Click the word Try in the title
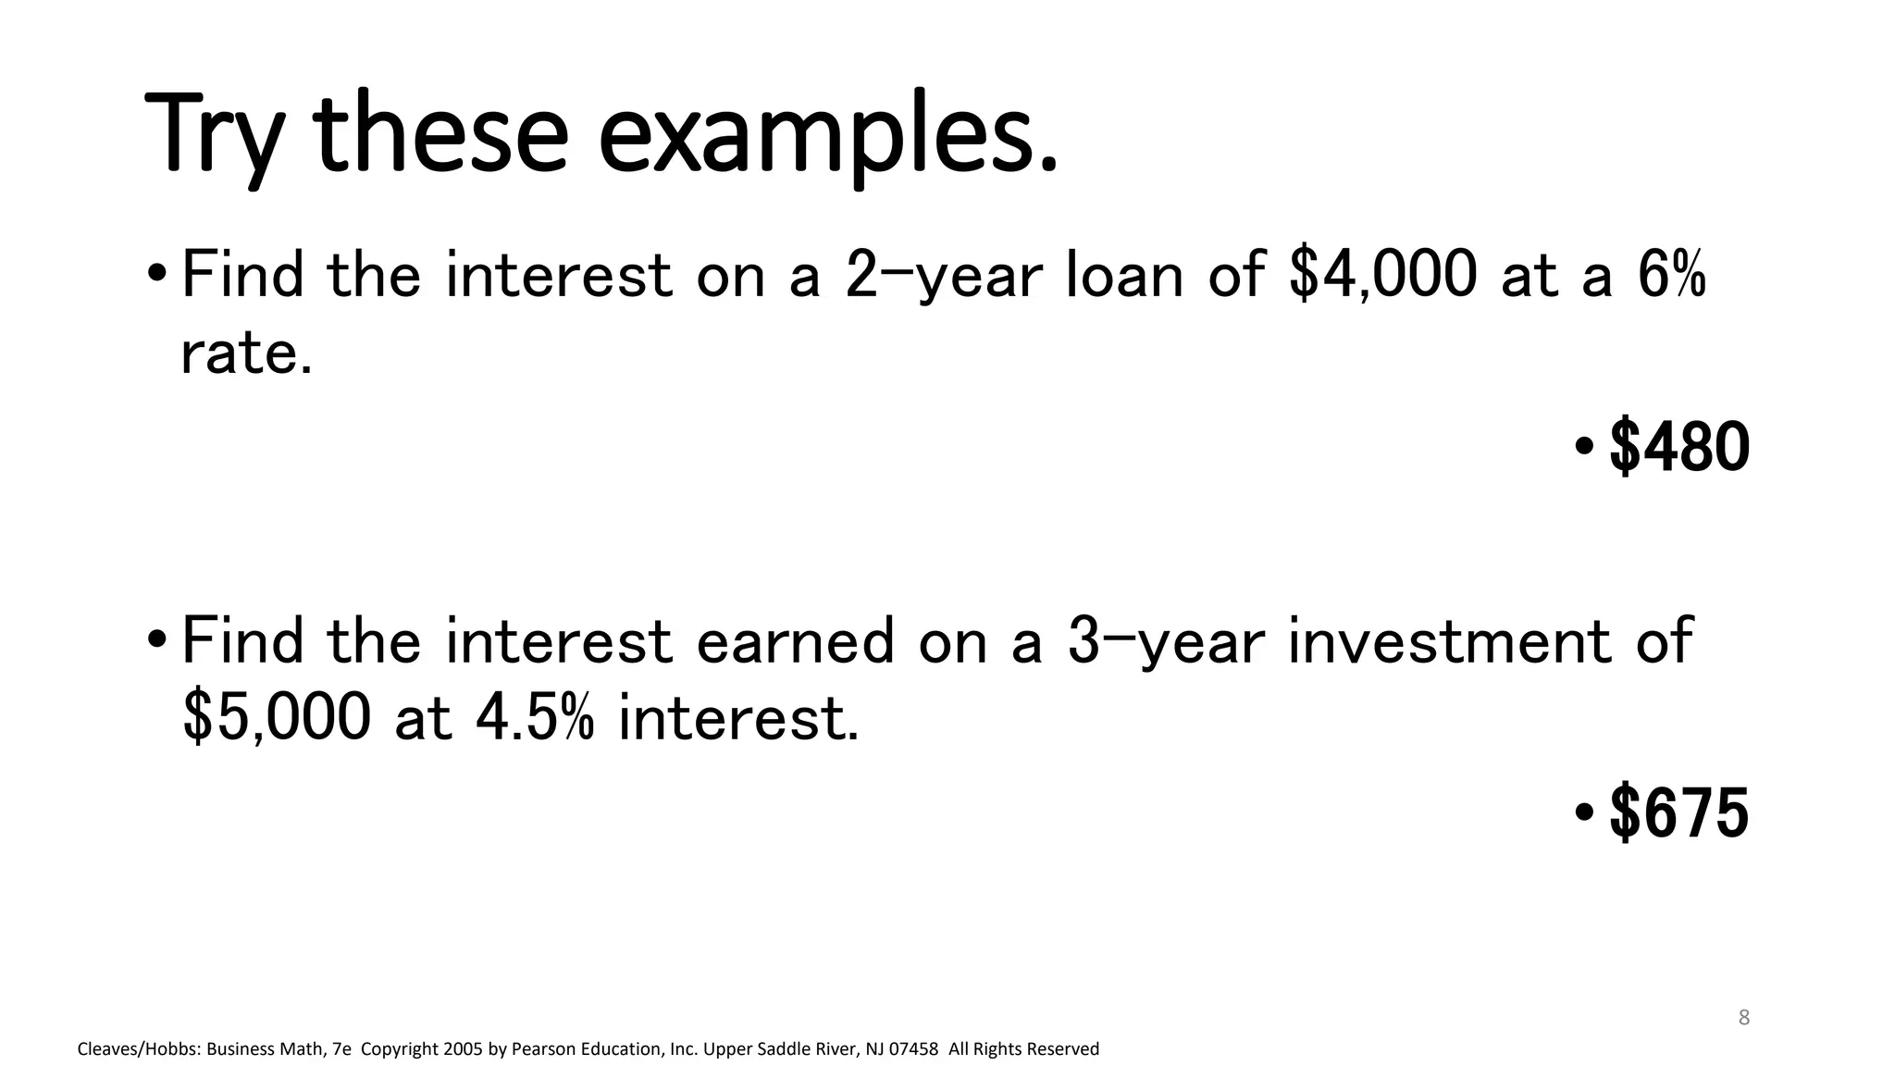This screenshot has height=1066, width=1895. tap(214, 134)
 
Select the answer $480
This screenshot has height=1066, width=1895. tap(1679, 447)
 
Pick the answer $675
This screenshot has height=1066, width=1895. tap(1679, 813)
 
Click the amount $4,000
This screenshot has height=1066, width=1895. tap(1382, 275)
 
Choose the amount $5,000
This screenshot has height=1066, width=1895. tap(277, 717)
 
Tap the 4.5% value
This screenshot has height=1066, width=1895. tap(534, 717)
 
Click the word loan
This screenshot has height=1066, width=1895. tap(1124, 275)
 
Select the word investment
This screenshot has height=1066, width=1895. tap(1449, 641)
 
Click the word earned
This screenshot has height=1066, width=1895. tap(795, 641)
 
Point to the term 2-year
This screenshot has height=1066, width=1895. tap(944, 275)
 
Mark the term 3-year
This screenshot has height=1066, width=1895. tap(1165, 641)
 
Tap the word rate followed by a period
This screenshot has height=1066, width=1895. tap(246, 353)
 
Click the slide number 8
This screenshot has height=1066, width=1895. tap(1744, 1018)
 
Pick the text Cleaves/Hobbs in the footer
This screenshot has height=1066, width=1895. tap(138, 1049)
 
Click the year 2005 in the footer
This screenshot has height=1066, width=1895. tap(463, 1049)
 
